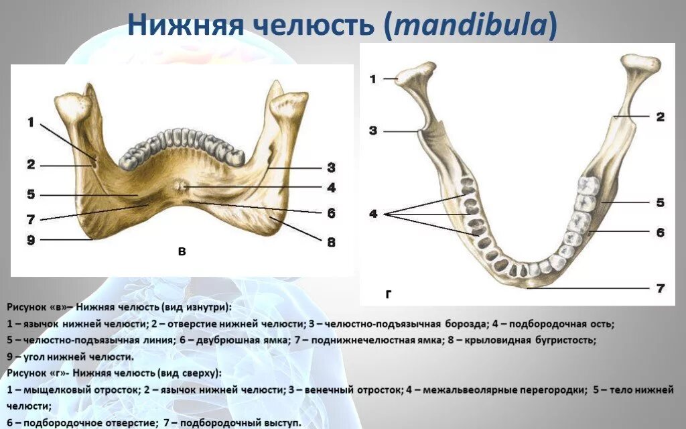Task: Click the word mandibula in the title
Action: coord(470,25)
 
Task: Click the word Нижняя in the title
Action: coord(186,25)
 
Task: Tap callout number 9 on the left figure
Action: coord(31,240)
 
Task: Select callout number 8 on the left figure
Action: coord(331,241)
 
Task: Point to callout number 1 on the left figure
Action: coord(31,122)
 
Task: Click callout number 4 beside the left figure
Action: coord(331,188)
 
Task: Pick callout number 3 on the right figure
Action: coord(372,131)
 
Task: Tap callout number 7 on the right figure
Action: coord(660,288)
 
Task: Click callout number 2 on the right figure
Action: coord(660,117)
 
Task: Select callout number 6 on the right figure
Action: coord(660,232)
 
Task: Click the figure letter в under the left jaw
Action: coord(182,252)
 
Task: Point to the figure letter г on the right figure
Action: coord(388,295)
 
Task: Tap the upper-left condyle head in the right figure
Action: coord(415,75)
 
